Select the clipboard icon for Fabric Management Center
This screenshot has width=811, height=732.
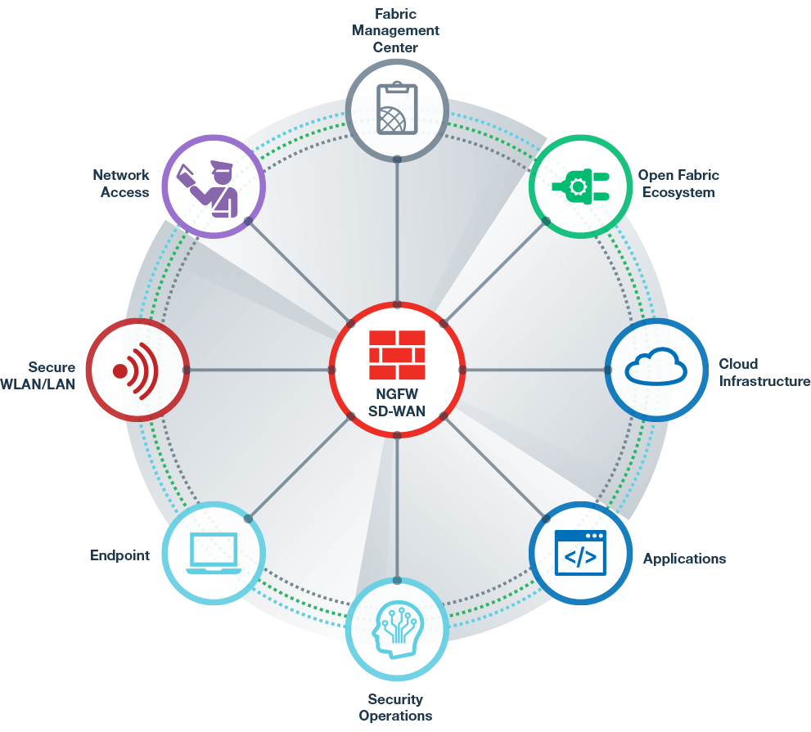pyautogui.click(x=397, y=108)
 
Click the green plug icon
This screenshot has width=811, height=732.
pyautogui.click(x=580, y=187)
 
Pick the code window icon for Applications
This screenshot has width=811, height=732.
pyautogui.click(x=580, y=554)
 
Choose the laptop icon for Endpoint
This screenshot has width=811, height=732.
pyautogui.click(x=213, y=553)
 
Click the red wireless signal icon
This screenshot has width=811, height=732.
pyautogui.click(x=137, y=370)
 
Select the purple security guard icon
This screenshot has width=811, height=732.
pyautogui.click(x=214, y=187)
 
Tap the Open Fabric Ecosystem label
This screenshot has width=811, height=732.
pyautogui.click(x=678, y=184)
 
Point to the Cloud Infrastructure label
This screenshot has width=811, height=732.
pyautogui.click(x=763, y=372)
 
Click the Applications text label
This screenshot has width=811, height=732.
pyautogui.click(x=684, y=559)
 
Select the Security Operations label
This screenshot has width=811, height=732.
pyautogui.click(x=396, y=707)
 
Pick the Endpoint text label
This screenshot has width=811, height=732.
pyautogui.click(x=119, y=555)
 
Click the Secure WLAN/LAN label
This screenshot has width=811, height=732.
pyautogui.click(x=39, y=375)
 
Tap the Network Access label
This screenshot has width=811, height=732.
pyautogui.click(x=120, y=184)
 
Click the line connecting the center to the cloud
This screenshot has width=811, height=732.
pyautogui.click(x=536, y=370)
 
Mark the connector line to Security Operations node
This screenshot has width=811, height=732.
pyautogui.click(x=397, y=507)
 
